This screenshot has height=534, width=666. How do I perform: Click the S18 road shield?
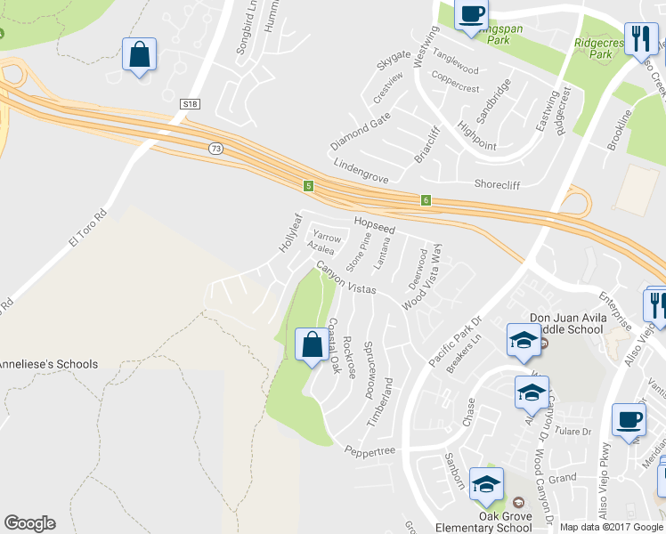[x=189, y=104]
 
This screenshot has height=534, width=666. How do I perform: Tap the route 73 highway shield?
[x=215, y=150]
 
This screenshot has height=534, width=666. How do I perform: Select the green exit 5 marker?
[x=308, y=186]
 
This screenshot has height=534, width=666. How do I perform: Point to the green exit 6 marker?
[x=426, y=201]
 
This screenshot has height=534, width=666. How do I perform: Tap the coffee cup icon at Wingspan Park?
[x=471, y=15]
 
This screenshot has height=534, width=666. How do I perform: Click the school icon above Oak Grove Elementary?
[x=487, y=484]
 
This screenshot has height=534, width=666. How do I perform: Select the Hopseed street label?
[x=374, y=226]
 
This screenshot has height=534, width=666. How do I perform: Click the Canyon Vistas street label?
[x=345, y=278]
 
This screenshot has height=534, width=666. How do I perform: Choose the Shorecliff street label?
[x=497, y=184]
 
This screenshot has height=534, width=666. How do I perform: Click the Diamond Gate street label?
[x=361, y=132]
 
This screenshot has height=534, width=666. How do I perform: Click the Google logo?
[x=29, y=523]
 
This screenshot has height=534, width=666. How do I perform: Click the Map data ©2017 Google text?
[x=611, y=527]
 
